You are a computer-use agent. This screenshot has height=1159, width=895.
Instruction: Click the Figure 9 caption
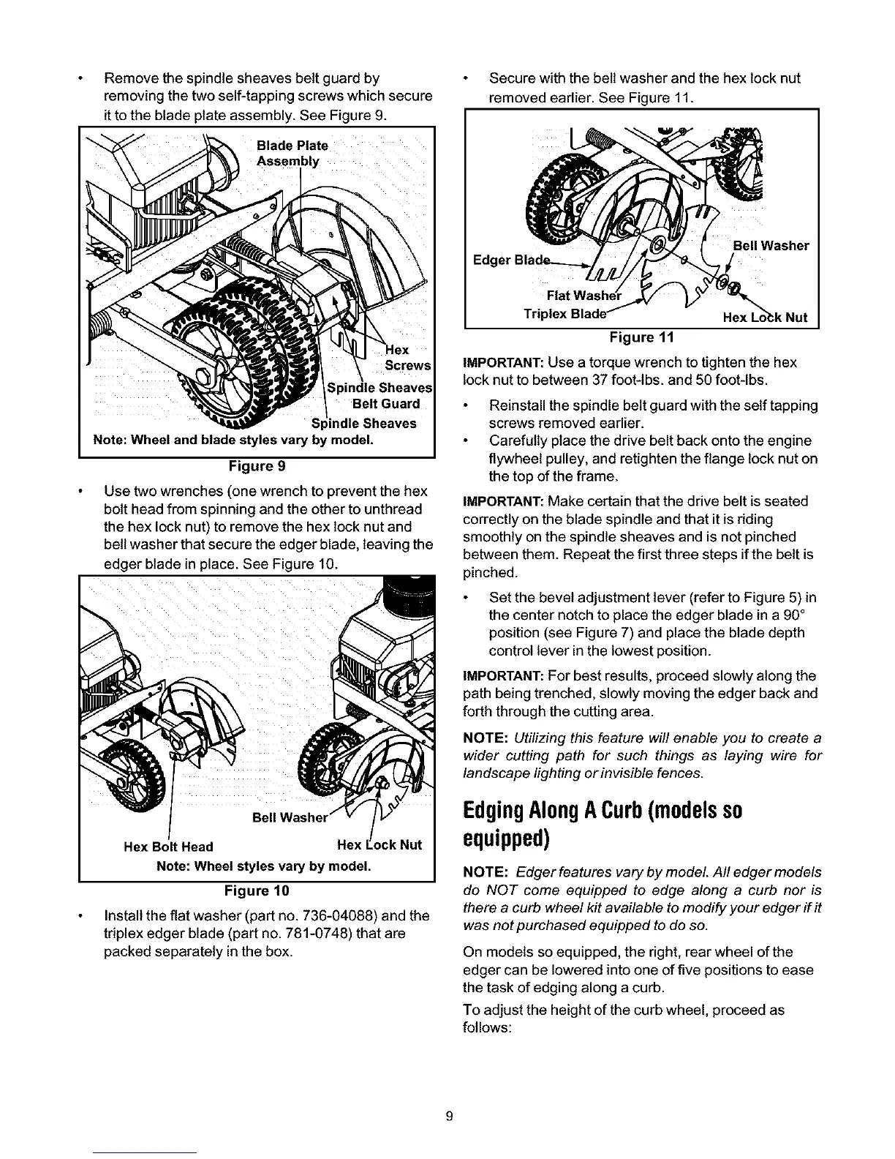[257, 466]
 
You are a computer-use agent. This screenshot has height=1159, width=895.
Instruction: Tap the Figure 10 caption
[257, 890]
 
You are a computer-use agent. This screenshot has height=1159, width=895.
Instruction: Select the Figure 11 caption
[641, 337]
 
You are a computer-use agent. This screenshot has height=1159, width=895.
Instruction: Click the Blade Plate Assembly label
[292, 153]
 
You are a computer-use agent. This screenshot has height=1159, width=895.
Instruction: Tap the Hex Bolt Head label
[168, 847]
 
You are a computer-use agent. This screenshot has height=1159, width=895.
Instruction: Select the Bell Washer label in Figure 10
[288, 817]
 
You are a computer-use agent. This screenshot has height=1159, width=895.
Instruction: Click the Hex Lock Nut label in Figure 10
[379, 845]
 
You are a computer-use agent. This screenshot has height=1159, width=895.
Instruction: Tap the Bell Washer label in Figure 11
[771, 246]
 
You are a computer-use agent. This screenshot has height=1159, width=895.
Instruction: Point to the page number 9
[450, 1116]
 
